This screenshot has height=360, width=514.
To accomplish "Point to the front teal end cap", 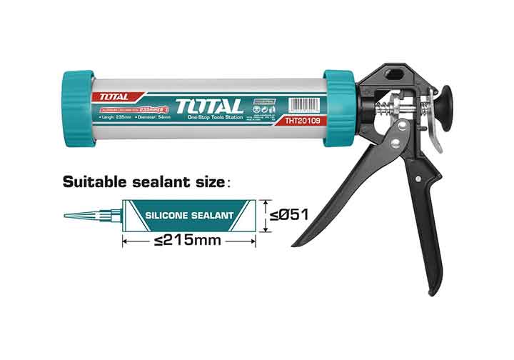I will pyautogui.click(x=79, y=108).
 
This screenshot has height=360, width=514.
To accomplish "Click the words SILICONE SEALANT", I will pyautogui.click(x=189, y=214).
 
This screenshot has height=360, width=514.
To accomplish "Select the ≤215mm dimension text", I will pyautogui.click(x=188, y=241).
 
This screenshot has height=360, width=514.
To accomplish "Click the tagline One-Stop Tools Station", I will pyautogui.click(x=213, y=117).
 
